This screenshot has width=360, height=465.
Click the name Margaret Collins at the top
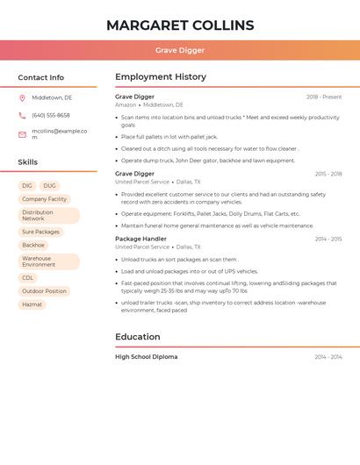[180, 25]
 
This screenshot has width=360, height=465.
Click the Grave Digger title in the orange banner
[180, 51]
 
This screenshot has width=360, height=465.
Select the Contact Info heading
[41, 77]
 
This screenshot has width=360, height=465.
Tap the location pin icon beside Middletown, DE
[22, 97]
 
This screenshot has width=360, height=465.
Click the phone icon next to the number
[22, 115]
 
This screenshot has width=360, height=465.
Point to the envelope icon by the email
[22, 134]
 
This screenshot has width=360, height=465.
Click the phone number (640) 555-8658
[51, 115]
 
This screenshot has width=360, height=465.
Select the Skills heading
[28, 162]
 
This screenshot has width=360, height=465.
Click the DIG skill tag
[27, 186]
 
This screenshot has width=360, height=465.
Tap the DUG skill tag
[49, 186]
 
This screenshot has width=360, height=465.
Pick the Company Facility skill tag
[44, 199]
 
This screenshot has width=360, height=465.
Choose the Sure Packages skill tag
[40, 232]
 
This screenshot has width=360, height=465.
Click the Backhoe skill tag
[33, 245]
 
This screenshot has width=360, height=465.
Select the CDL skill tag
[28, 277]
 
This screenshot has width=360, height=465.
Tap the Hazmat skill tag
[32, 304]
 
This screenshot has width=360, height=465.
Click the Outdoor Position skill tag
[44, 291]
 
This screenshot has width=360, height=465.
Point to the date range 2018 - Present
[324, 97]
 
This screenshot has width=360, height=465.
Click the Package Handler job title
[140, 239]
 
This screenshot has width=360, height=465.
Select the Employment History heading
[161, 77]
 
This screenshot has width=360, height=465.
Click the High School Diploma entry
[146, 357]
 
